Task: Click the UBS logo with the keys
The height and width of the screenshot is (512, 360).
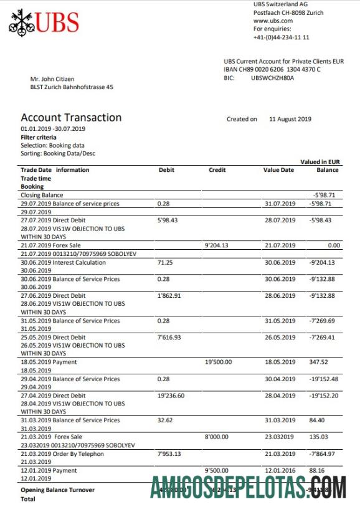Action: [x=44, y=22]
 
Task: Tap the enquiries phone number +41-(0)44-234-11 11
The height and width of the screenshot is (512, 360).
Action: [x=281, y=37]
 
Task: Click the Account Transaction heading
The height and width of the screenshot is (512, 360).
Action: [x=71, y=118]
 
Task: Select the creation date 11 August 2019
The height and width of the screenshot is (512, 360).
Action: [x=290, y=119]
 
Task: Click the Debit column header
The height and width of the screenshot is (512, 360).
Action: [x=166, y=170]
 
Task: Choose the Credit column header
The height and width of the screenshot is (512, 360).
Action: [x=217, y=170]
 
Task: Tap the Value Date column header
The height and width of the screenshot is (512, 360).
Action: [x=278, y=170]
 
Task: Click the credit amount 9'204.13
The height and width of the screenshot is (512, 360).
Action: [x=217, y=246]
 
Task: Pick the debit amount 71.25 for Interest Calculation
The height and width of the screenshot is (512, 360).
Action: [x=165, y=263]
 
